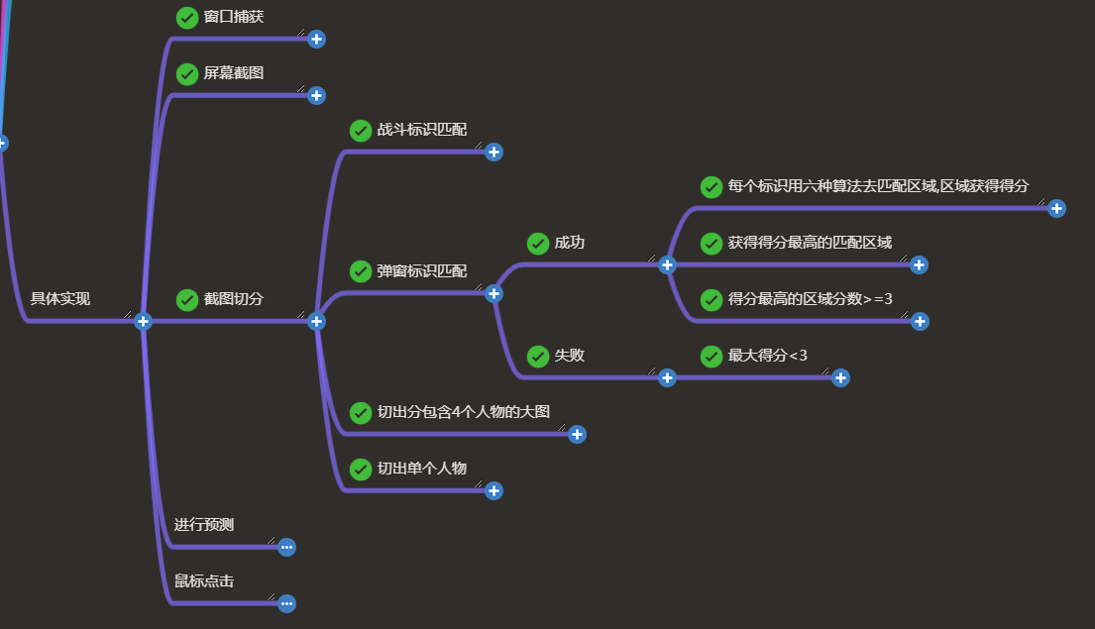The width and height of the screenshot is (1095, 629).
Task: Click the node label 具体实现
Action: click(59, 298)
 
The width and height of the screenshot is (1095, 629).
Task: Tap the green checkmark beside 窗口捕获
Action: click(187, 17)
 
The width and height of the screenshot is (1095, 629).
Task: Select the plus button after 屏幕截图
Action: click(316, 95)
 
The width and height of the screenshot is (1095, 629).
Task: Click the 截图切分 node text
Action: click(234, 298)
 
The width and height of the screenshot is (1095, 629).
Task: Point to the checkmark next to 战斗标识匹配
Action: click(361, 130)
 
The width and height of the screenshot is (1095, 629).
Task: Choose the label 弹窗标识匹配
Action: click(422, 270)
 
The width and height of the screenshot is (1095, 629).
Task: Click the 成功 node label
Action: click(570, 243)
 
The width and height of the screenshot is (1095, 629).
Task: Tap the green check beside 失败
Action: click(538, 356)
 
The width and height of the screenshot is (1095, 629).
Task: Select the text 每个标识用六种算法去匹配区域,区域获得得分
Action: click(878, 185)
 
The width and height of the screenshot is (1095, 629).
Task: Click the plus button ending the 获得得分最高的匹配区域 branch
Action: click(919, 264)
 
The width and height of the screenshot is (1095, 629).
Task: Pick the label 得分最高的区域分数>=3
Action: click(811, 298)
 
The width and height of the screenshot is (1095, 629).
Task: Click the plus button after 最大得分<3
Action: click(840, 377)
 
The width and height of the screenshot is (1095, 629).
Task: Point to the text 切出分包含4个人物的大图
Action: click(464, 412)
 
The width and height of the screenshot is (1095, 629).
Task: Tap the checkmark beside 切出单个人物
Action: click(361, 469)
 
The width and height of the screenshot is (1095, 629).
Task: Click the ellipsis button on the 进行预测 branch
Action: click(286, 547)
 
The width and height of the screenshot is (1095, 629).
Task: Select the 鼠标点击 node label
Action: click(204, 581)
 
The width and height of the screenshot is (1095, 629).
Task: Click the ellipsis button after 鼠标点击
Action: click(286, 603)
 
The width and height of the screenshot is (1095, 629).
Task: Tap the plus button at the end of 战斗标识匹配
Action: click(493, 152)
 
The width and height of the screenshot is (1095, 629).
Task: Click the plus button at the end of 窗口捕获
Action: click(316, 39)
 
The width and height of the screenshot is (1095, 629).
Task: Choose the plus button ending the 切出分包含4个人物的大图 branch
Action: click(577, 434)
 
